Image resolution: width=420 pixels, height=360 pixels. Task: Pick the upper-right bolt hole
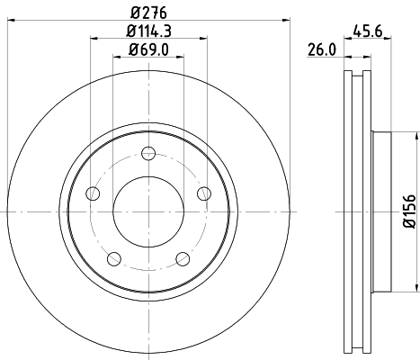point(204,193)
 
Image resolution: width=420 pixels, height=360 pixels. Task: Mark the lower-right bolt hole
point(183,259)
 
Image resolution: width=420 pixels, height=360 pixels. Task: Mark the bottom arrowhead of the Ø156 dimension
point(416,289)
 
